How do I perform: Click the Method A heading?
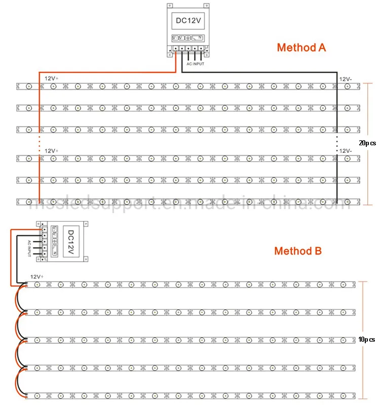pyautogui.click(x=301, y=48)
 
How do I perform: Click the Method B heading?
pyautogui.click(x=298, y=251)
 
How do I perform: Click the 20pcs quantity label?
pyautogui.click(x=367, y=143)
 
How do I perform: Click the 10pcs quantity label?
pyautogui.click(x=367, y=339)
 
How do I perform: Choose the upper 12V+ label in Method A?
pyautogui.click(x=52, y=79)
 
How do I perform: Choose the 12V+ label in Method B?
pyautogui.click(x=37, y=277)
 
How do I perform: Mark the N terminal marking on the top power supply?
pyautogui.click(x=201, y=38)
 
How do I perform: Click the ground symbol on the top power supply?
pyautogui.click(x=188, y=38)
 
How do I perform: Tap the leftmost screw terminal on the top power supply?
pyautogui.click(x=176, y=50)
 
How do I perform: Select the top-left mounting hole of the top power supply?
pyautogui.click(x=170, y=6)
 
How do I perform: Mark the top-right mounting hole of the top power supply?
pyautogui.click(x=208, y=6)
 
